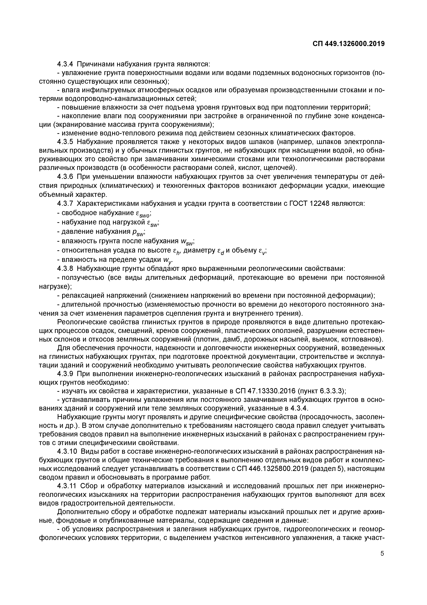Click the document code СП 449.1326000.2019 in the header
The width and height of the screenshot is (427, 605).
[x=349, y=44]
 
